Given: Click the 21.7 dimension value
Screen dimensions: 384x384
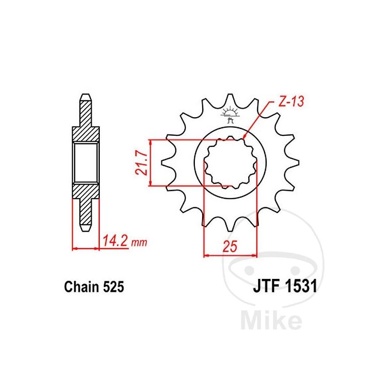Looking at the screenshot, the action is click(x=142, y=163).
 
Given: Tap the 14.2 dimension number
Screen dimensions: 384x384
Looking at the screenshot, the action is click(x=115, y=240).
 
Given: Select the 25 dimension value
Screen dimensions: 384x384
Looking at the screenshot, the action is click(x=230, y=246).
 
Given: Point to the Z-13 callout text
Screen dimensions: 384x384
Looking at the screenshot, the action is click(x=291, y=101).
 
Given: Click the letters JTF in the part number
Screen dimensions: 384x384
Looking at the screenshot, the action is click(x=267, y=286).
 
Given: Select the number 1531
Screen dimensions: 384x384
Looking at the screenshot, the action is click(x=301, y=286).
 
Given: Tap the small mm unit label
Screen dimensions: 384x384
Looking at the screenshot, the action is click(x=139, y=242).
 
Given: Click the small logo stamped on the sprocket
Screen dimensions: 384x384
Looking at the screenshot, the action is click(x=230, y=115).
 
